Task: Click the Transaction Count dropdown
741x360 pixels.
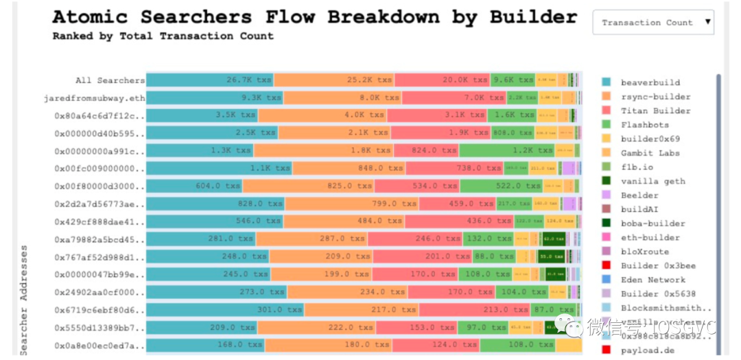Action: point(652,23)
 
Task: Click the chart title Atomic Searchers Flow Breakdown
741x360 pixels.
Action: point(315,16)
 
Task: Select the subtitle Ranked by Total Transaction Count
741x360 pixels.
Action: point(163,36)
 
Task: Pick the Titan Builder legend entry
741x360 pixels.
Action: point(645,110)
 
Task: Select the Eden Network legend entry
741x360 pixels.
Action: point(652,280)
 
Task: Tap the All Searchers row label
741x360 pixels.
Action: point(110,80)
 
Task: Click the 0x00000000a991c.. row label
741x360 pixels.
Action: point(99,151)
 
